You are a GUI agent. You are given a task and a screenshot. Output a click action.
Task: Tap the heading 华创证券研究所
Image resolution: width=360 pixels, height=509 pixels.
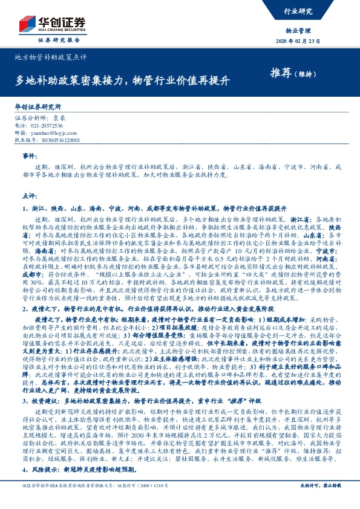click(x=38, y=105)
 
